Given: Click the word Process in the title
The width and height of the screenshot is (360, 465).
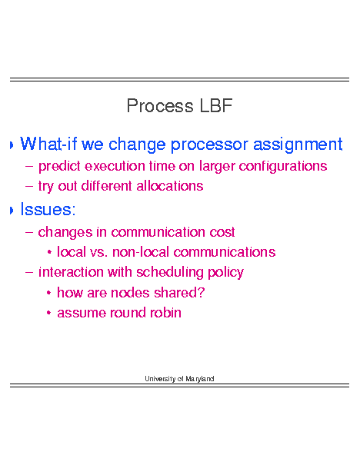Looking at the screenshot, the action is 160,105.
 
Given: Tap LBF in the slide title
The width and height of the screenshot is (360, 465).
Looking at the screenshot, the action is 216,105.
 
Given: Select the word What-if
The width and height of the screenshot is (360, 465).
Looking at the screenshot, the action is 48,144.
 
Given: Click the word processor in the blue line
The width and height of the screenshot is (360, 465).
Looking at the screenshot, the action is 209,145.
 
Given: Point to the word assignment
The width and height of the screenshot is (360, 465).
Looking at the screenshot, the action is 298,144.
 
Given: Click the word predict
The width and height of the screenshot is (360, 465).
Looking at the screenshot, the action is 59,166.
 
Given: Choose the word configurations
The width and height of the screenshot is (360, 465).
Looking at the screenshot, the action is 283,166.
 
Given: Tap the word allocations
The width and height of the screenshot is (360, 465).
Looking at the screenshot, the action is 170,186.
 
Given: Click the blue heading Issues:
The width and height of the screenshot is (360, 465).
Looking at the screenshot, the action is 48,209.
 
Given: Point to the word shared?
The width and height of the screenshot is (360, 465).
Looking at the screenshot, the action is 179,293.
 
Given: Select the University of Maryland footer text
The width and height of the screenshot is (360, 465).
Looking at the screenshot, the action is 179,379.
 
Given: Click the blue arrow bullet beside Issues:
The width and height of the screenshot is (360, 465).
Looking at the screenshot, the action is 12,211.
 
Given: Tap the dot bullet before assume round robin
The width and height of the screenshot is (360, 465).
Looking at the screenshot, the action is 49,313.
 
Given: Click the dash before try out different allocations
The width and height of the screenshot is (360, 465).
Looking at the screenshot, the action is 28,187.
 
